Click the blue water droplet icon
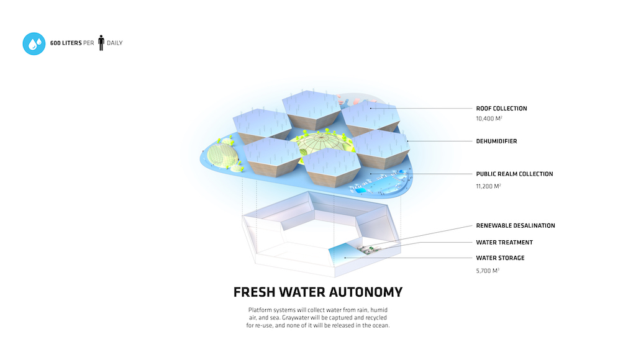(x=34, y=44)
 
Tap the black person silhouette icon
(x=101, y=43)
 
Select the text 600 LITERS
(x=66, y=43)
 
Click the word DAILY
(x=115, y=43)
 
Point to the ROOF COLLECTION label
(x=501, y=108)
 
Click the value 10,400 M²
(x=489, y=119)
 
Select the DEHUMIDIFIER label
(x=496, y=141)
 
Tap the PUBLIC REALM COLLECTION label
(x=514, y=174)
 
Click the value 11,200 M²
(x=488, y=186)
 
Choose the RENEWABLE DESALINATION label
(x=515, y=225)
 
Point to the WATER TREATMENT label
(x=504, y=243)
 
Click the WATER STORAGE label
(x=500, y=258)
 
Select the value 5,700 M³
(x=488, y=271)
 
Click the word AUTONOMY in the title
(x=366, y=292)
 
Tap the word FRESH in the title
(x=254, y=292)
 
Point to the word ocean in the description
(x=381, y=325)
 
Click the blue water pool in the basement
(x=345, y=255)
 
